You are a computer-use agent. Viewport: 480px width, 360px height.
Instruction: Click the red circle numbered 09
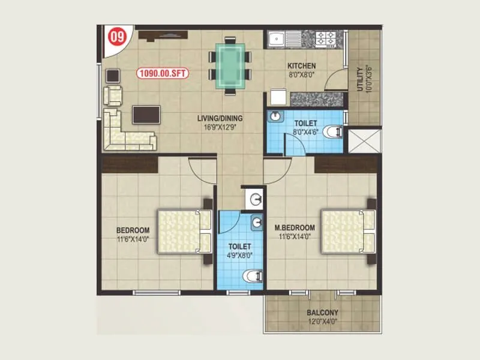(115, 37)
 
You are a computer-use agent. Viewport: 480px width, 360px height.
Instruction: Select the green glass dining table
(230, 65)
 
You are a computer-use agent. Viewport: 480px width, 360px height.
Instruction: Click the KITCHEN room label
(301, 66)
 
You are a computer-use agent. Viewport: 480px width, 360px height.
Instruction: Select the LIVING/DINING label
(219, 119)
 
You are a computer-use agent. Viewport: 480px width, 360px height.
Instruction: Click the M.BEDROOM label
(294, 228)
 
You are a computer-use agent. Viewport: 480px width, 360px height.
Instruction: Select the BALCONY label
(322, 313)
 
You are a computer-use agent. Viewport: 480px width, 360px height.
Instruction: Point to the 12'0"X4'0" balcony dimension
(322, 321)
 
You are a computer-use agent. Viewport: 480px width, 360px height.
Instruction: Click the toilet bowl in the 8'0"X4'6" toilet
(334, 131)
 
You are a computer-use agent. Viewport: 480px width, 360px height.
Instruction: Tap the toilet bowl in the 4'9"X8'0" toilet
(253, 276)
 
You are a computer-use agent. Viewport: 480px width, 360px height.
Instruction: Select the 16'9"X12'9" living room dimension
(219, 127)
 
